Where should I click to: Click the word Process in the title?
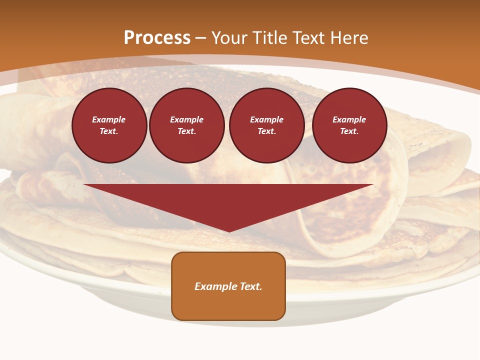[x=157, y=38]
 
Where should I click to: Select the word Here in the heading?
[x=348, y=38]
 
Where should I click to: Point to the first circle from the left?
[x=109, y=125]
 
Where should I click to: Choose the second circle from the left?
[x=186, y=125]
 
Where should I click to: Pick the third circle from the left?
[x=266, y=125]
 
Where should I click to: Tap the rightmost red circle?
[x=349, y=125]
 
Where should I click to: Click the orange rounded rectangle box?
[x=228, y=286]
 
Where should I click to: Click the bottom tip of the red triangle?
[x=229, y=231]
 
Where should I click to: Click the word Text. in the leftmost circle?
[x=109, y=131]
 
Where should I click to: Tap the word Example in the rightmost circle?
[x=349, y=119]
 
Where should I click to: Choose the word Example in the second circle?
[x=186, y=119]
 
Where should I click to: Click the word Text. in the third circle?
[x=266, y=131]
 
